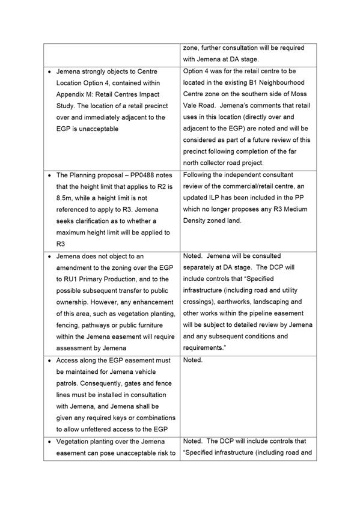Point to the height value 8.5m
(65, 198)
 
